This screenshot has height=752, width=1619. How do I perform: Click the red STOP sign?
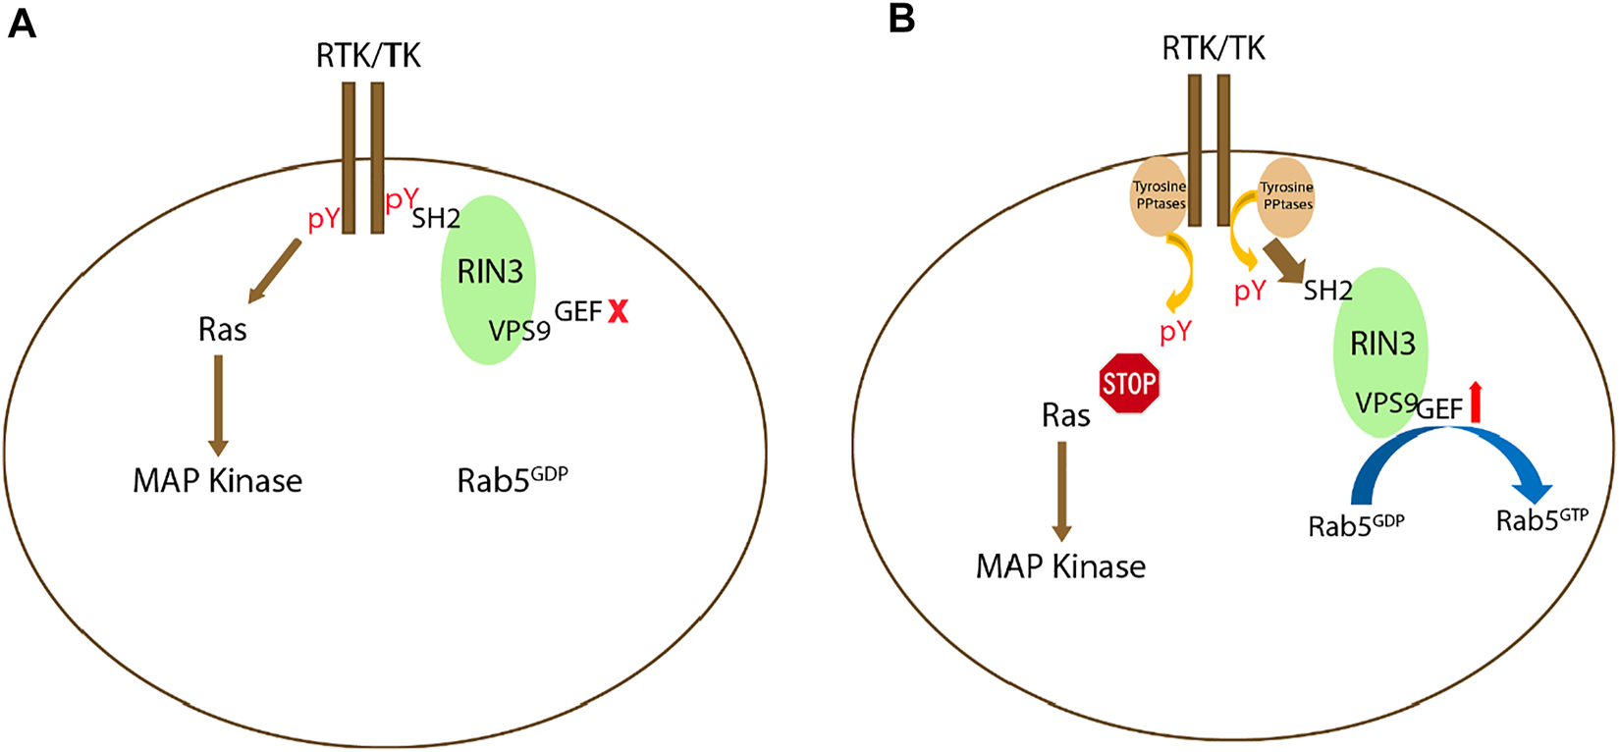(1129, 383)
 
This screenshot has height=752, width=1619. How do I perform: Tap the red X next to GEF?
(618, 312)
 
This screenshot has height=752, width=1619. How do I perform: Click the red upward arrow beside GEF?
(1475, 403)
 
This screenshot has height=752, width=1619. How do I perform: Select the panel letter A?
(21, 23)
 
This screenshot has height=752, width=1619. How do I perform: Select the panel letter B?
(900, 20)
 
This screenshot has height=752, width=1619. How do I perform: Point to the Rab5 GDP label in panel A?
(513, 479)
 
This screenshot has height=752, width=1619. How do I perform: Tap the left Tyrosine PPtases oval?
(1160, 195)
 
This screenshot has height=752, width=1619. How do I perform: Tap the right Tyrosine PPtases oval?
(1286, 195)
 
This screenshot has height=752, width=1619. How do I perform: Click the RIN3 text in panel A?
(490, 272)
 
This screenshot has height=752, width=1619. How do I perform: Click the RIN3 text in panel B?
(1382, 344)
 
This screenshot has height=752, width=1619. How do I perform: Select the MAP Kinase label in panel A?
(217, 481)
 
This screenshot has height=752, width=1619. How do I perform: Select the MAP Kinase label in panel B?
(1060, 566)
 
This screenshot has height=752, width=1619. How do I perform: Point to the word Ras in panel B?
(1065, 416)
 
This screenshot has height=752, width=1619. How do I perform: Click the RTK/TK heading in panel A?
(368, 56)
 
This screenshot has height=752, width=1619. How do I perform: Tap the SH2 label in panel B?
(1327, 291)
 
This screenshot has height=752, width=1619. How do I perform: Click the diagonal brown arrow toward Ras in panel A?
(275, 270)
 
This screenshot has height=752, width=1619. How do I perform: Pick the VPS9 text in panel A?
(519, 331)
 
